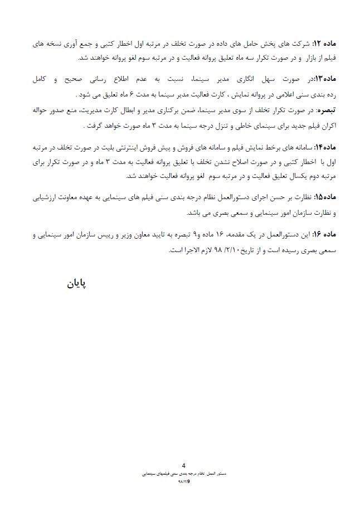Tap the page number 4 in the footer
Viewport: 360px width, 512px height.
click(183, 465)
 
